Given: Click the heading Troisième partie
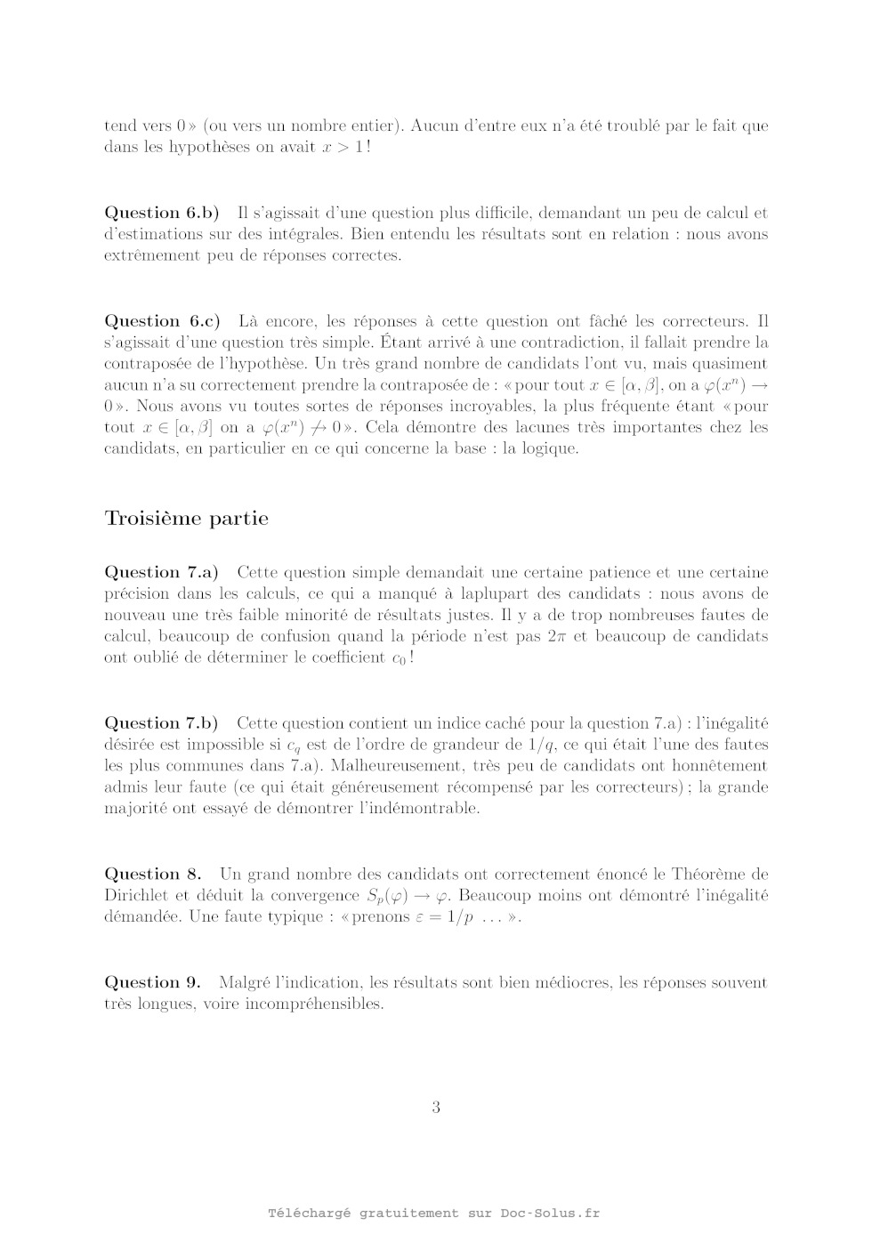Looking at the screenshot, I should pos(186,519).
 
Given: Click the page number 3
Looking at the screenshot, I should pos(436,1108).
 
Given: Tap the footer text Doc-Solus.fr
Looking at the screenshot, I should pos(550,1214).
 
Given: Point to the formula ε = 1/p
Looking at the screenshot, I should pos(444,917).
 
